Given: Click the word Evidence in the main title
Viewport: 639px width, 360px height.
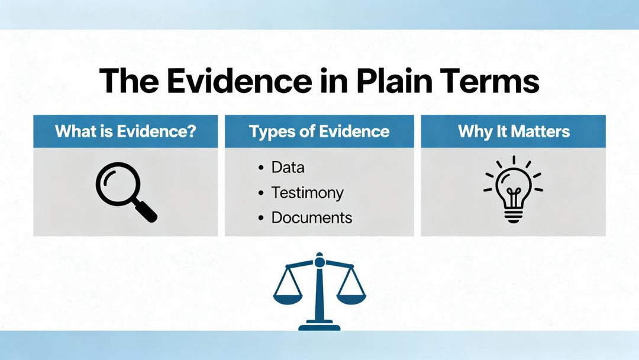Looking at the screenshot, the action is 239,81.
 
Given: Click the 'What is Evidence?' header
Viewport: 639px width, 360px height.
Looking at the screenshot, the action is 125,131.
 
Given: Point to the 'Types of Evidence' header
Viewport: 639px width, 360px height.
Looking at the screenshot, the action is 319,131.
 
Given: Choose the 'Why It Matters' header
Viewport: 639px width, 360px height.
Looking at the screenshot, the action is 514,131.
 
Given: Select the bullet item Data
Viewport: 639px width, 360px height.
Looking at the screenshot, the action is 288,168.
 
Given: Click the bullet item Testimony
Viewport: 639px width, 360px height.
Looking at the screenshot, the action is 307,193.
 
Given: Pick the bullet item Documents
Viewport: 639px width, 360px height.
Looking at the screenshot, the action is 312,218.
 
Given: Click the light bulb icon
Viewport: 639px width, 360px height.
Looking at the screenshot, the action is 514,189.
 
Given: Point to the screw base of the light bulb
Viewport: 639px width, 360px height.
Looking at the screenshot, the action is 514,216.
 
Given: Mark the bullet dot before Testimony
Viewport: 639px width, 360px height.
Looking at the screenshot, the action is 261,193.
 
